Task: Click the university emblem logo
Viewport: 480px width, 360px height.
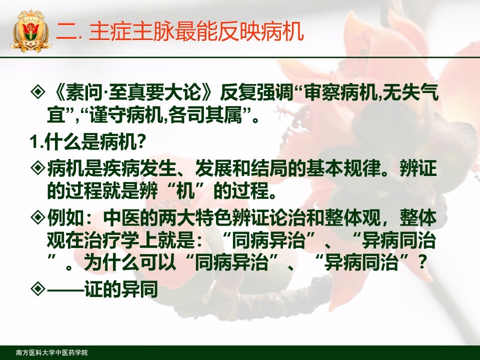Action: coord(31,31)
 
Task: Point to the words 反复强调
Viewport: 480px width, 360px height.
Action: coord(256,91)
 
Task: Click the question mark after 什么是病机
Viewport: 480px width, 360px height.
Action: coord(140,142)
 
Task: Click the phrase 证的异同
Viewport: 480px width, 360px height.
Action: coord(121,289)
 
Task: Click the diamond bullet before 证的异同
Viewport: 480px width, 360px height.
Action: coord(38,288)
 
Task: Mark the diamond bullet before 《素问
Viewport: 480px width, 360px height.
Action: coord(38,91)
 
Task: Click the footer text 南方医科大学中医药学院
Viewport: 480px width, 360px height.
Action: coord(51,352)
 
